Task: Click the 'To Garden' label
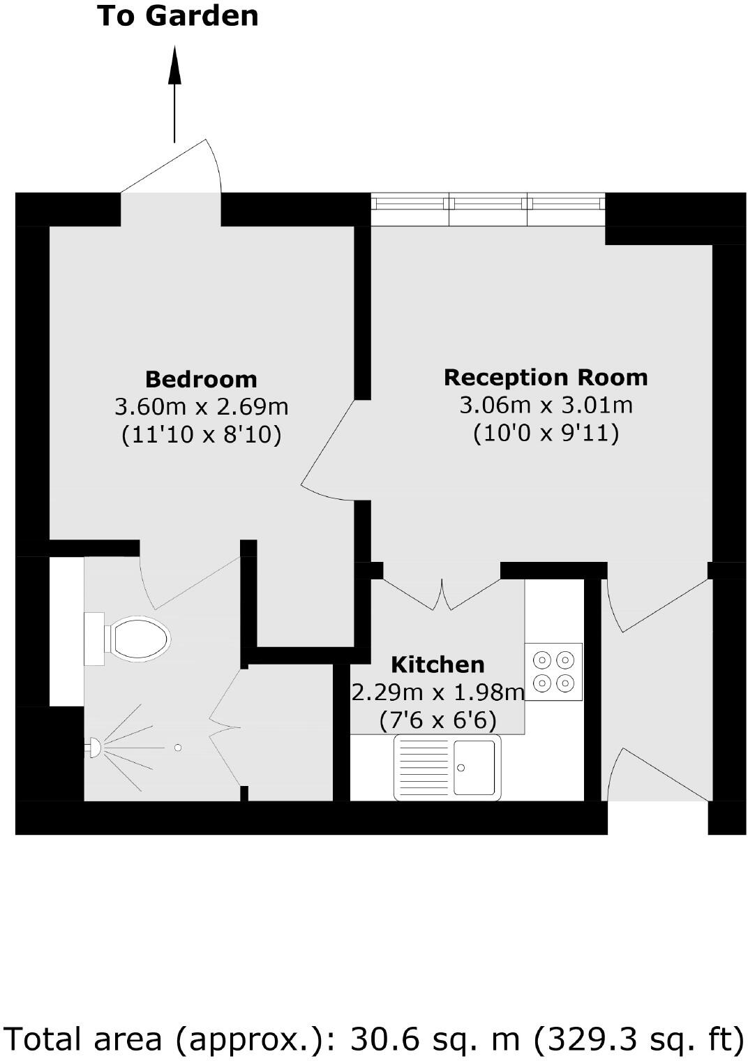pos(178,15)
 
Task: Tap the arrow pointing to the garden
pos(174,94)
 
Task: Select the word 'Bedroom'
pos(201,379)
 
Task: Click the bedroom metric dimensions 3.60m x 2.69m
pos(201,406)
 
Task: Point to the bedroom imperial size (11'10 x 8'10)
pos(201,435)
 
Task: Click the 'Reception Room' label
pos(546,377)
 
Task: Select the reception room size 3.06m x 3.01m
pos(546,404)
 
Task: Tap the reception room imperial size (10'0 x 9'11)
pos(546,433)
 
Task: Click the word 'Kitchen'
pos(437,664)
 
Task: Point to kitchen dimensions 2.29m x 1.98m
pos(437,692)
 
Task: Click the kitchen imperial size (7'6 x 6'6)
pos(437,720)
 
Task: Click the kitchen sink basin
pos(474,767)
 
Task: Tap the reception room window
pos(487,209)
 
